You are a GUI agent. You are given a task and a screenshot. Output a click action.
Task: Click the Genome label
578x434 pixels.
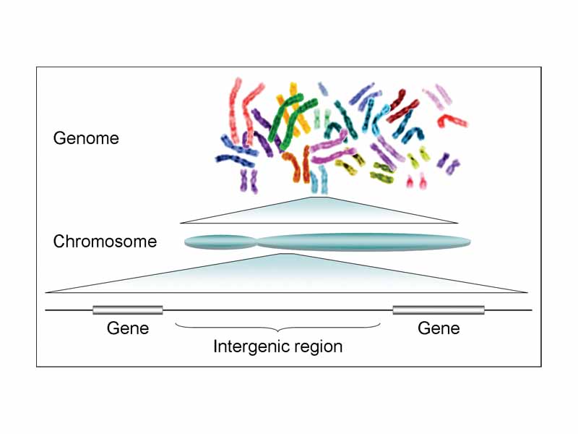[86, 138]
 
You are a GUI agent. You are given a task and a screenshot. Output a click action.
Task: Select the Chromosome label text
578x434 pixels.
[105, 242]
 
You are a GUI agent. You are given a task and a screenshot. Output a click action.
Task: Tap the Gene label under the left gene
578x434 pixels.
[128, 328]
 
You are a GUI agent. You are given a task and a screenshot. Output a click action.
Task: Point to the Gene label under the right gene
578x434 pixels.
[439, 328]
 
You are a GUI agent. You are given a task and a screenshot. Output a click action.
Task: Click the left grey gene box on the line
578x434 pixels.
[128, 310]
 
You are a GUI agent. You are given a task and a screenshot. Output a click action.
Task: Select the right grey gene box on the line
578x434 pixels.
[439, 310]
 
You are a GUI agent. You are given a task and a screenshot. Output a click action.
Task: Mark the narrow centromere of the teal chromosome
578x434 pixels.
[256, 242]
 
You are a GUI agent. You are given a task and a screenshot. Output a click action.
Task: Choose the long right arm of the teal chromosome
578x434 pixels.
[361, 242]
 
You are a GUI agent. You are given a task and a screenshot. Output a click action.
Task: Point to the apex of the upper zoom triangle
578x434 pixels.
[319, 197]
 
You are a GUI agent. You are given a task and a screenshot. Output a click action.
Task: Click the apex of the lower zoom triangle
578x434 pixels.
[289, 255]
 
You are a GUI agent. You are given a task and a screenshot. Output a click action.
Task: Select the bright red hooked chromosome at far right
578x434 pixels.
[454, 118]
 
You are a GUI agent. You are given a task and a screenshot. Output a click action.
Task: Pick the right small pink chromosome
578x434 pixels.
[423, 179]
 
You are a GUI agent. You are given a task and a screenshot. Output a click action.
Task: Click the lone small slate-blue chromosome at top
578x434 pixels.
[323, 88]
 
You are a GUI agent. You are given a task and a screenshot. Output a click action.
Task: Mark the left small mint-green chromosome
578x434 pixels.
[327, 116]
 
